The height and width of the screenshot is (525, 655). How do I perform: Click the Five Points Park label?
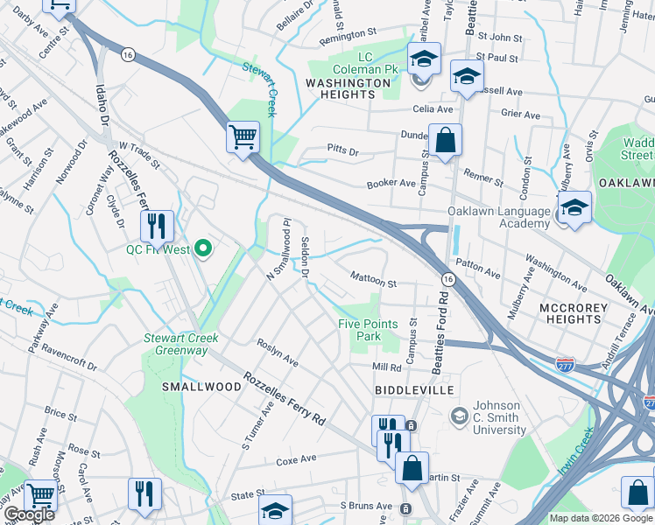click(368, 330)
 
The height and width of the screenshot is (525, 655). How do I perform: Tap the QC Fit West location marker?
click(203, 250)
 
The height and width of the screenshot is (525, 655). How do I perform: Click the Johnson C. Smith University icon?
click(458, 414)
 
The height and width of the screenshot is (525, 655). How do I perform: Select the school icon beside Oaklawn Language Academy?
click(574, 208)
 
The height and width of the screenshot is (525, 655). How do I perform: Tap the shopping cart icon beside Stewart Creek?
click(243, 136)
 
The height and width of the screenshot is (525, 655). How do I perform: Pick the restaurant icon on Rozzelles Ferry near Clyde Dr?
click(157, 226)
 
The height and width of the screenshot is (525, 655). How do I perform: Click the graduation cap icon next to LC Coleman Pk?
click(425, 59)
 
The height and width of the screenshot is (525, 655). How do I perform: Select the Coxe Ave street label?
click(296, 459)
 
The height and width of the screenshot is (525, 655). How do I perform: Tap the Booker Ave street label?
click(391, 184)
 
